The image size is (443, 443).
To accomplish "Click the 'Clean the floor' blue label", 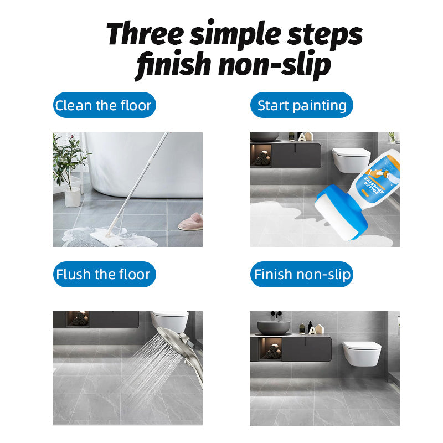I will pyautogui.click(x=104, y=105).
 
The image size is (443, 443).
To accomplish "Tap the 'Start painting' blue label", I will pyautogui.click(x=302, y=105).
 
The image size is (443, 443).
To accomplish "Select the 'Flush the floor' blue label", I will pyautogui.click(x=104, y=274).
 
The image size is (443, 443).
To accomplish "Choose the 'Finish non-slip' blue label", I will pyautogui.click(x=302, y=274).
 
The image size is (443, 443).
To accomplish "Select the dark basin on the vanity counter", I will pyautogui.click(x=273, y=327).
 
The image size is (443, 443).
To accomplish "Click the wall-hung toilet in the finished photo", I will pyautogui.click(x=361, y=352).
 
